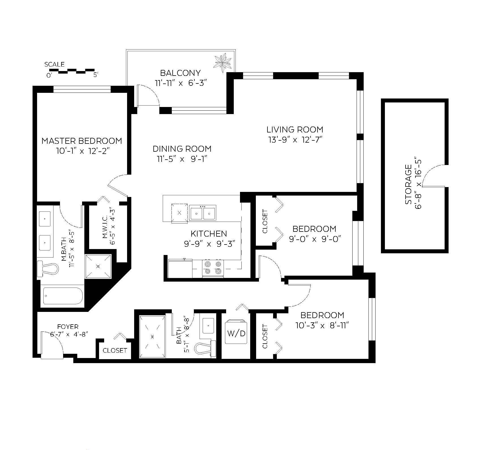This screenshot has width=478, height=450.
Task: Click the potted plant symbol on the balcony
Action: [223, 63]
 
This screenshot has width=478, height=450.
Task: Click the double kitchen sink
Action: [202, 213]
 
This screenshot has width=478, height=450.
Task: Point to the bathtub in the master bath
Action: [63, 296]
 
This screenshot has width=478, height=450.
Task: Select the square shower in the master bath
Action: [98, 266]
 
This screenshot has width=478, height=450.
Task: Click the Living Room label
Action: [295, 130]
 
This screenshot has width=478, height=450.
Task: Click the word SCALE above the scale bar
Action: [54, 65]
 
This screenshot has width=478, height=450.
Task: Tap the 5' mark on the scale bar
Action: [96, 75]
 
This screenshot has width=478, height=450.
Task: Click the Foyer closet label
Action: [115, 350]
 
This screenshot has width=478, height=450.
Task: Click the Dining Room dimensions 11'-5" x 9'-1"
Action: [182, 159]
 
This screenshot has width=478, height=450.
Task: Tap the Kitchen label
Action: [209, 233]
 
